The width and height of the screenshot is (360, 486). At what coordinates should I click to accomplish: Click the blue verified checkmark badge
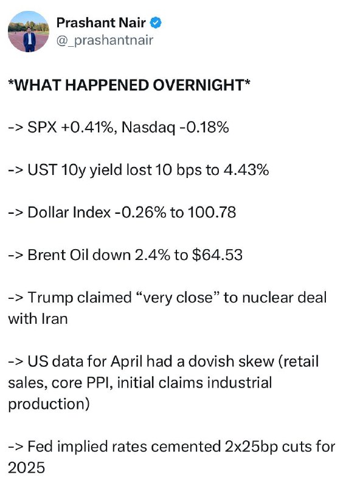tap(156, 23)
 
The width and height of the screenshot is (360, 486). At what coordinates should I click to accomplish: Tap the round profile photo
tap(28, 32)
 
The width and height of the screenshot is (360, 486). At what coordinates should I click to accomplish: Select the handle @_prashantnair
tap(105, 40)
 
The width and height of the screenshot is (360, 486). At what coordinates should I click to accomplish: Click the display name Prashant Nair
tap(101, 22)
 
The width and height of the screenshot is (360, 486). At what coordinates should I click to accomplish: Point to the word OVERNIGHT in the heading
tap(199, 85)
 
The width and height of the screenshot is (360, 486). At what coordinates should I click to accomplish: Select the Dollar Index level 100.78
tap(212, 212)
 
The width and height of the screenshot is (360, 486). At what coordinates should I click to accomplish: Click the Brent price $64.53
tap(217, 255)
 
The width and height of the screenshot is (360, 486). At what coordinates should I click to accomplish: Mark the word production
tap(46, 404)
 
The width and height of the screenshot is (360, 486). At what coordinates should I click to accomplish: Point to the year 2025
tap(26, 468)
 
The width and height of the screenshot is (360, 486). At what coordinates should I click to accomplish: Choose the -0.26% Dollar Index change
tap(140, 212)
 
